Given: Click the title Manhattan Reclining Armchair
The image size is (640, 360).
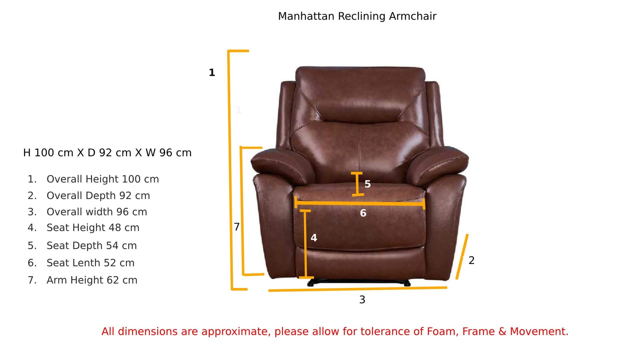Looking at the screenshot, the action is (357, 16).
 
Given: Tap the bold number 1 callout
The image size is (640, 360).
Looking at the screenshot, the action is (212, 73).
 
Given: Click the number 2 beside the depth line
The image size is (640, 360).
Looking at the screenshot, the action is (471, 260).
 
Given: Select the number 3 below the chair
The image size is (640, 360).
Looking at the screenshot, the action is (362, 300).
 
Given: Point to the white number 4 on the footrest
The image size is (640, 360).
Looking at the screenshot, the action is (314, 238).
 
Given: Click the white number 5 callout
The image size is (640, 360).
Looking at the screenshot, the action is (367, 184).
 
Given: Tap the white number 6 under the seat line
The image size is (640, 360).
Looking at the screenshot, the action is (363, 213).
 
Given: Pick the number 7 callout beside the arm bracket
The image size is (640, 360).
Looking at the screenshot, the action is (237, 227).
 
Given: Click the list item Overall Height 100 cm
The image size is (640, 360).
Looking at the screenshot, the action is (103, 179).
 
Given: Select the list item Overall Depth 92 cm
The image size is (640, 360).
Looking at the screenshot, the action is (98, 196).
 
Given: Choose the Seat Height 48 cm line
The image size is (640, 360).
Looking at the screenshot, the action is (93, 228).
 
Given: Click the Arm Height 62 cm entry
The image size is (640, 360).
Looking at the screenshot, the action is (92, 280).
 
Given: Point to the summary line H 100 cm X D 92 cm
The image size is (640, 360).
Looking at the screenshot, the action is (77, 153).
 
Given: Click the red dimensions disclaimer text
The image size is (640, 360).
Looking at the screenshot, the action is (335, 331).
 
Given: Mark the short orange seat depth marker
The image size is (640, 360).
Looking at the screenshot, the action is (357, 184).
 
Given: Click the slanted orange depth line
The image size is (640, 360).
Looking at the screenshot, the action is (462, 257).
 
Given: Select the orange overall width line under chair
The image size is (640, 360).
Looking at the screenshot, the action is (357, 289).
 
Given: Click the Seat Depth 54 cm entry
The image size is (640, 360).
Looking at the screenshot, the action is (91, 246).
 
